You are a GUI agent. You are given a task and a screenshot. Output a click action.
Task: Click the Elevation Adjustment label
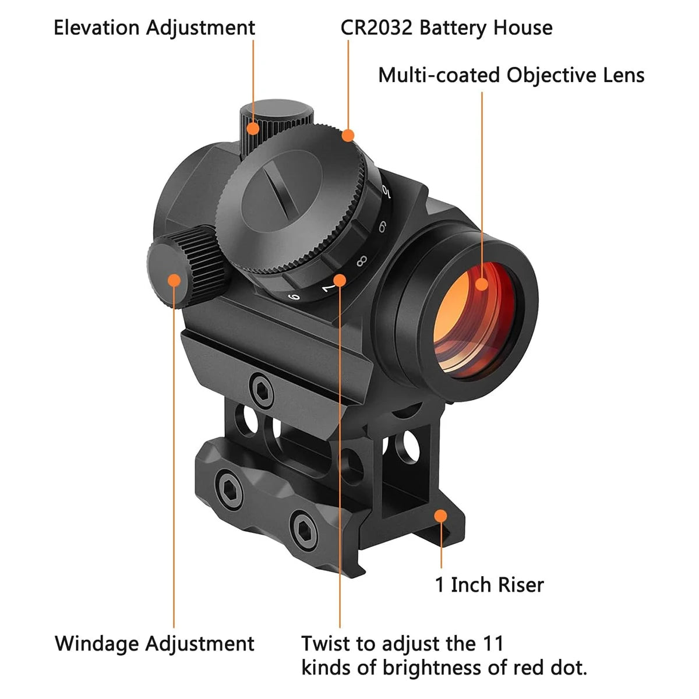154,28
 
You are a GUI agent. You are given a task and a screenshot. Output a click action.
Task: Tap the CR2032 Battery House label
446,28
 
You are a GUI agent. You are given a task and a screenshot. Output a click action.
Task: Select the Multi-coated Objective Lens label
511,75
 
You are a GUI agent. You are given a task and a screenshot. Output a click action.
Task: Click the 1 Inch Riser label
489,584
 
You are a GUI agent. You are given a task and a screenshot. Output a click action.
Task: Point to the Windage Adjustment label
154,644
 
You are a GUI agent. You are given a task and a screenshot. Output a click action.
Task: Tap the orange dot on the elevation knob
253,128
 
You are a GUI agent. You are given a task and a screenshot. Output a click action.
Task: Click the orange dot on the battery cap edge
348,136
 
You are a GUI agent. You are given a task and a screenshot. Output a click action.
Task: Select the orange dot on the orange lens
482,284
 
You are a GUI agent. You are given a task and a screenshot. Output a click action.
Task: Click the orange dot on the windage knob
174,280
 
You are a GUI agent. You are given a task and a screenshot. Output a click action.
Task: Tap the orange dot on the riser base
441,516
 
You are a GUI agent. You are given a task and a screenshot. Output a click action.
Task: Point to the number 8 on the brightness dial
361,260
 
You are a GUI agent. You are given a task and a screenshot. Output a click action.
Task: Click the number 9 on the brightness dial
382,228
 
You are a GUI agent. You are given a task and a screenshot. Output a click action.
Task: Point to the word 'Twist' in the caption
325,644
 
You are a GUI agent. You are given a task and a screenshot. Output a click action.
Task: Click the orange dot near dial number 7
340,280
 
